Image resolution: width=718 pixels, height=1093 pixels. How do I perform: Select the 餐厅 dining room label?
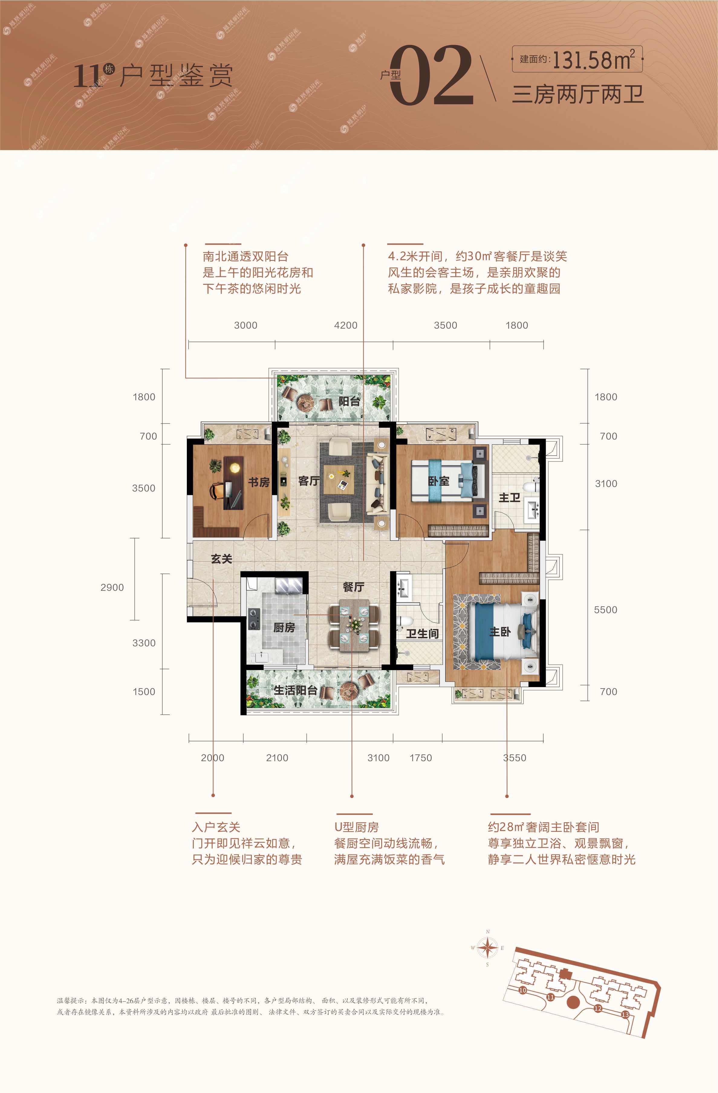pyautogui.click(x=353, y=587)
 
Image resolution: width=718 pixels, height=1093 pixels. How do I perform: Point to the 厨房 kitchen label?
pyautogui.click(x=284, y=627)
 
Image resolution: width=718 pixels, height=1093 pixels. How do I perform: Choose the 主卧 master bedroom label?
pyautogui.click(x=500, y=632)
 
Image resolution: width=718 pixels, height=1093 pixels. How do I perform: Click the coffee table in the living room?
pyautogui.click(x=339, y=479)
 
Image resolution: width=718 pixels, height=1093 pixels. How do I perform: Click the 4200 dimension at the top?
pyautogui.click(x=346, y=326)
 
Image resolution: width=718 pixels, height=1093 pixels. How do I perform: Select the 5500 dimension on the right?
pyautogui.click(x=606, y=610)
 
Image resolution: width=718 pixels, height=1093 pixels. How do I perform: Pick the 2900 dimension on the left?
pyautogui.click(x=112, y=587)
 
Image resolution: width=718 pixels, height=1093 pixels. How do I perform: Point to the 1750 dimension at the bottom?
pyautogui.click(x=421, y=758)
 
